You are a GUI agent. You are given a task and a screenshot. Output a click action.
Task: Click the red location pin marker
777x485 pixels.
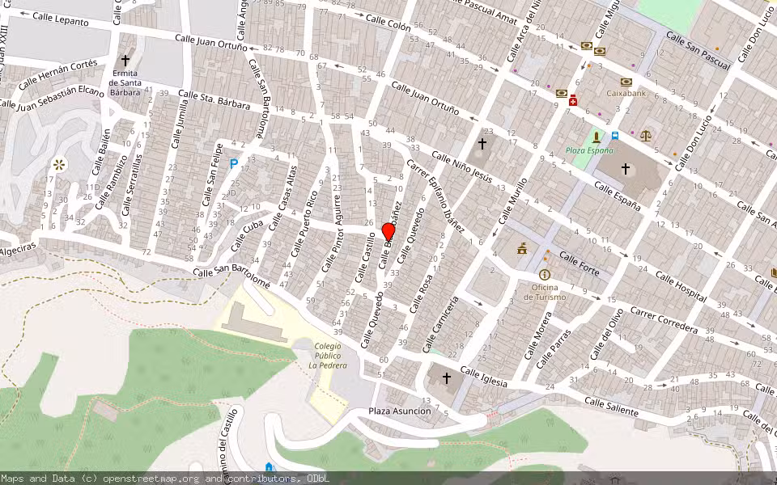click(x=388, y=231)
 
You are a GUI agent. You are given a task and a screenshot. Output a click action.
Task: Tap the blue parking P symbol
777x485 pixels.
click(x=234, y=163)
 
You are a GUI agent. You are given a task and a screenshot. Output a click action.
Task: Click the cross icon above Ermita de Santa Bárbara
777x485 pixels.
click(x=125, y=61)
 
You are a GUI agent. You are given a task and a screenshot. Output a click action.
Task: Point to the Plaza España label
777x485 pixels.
click(x=589, y=150)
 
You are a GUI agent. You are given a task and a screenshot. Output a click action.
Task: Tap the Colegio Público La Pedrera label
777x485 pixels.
click(x=328, y=356)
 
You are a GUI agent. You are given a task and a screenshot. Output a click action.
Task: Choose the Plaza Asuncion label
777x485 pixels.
click(x=400, y=411)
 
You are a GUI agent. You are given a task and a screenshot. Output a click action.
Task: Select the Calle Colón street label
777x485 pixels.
click(x=388, y=23)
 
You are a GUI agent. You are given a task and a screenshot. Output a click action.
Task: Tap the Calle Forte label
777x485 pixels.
click(x=580, y=264)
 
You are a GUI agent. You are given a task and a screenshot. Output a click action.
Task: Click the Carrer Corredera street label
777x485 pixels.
click(x=664, y=320)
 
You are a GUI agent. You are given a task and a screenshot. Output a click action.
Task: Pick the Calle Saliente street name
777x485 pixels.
click(x=610, y=407)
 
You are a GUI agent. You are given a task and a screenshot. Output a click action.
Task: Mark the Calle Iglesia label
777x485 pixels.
click(x=484, y=377)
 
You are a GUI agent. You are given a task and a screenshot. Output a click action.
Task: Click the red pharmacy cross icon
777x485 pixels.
click(x=573, y=100)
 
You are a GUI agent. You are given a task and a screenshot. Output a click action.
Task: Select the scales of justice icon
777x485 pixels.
click(x=646, y=135)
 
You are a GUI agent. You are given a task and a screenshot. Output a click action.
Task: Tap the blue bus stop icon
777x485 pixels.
click(x=615, y=136)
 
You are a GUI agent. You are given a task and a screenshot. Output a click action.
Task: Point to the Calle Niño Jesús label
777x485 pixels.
click(x=461, y=166)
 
